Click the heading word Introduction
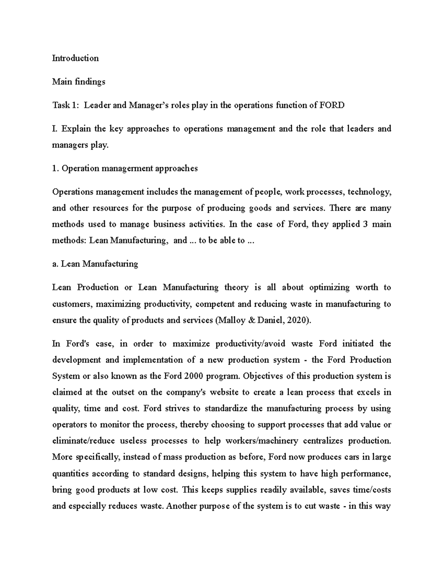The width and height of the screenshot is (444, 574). (75, 58)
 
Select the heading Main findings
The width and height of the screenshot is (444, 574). (78, 82)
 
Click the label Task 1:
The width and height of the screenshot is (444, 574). (65, 105)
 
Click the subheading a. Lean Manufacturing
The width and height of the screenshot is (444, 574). (95, 264)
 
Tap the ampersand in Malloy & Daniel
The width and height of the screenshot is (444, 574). (252, 320)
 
